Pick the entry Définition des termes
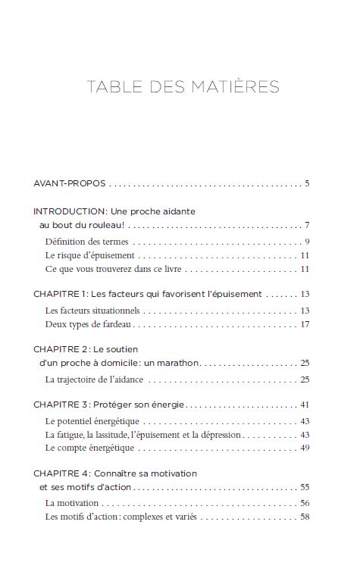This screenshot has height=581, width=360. [86, 242]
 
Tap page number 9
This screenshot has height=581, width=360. [308, 242]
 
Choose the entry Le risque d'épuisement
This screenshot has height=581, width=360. [89, 255]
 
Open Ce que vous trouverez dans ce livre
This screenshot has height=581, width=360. [114, 269]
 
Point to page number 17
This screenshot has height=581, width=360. [305, 324]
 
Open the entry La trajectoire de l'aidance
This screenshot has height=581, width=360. [94, 379]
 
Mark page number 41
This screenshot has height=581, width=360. [305, 404]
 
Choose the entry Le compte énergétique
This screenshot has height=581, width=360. [89, 448]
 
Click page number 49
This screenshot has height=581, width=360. [305, 448]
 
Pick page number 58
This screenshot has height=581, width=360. [305, 517]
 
